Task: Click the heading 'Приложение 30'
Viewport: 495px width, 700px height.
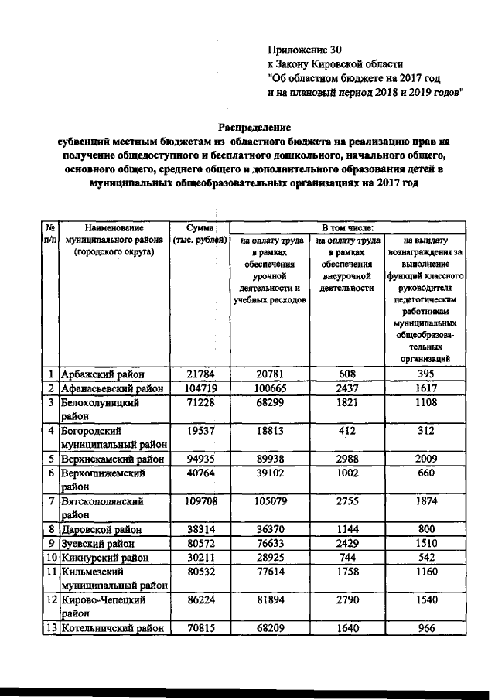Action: (302, 49)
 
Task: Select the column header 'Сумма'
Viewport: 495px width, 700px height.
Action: (200, 228)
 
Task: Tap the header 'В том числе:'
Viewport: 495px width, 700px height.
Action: (348, 227)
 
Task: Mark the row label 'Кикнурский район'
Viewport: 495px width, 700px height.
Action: (104, 557)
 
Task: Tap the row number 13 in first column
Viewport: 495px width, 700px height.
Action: (49, 628)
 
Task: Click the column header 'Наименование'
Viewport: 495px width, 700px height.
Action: (114, 228)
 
